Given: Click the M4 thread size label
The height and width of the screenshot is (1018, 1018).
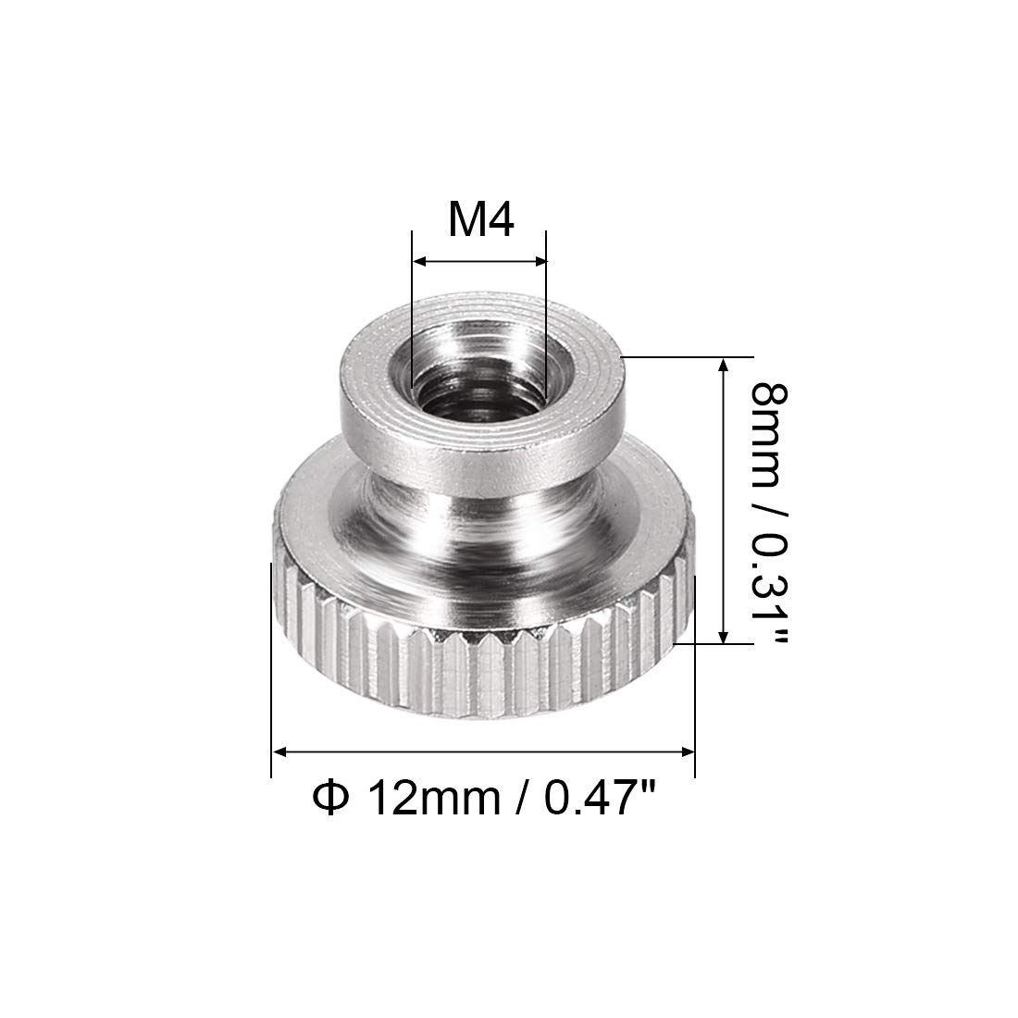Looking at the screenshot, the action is click(481, 220).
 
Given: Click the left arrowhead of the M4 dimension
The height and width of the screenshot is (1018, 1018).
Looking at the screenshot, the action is click(420, 262).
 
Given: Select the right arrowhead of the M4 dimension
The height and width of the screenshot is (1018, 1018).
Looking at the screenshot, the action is click(539, 262).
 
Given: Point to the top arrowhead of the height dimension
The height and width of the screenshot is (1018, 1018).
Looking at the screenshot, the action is click(724, 366).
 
